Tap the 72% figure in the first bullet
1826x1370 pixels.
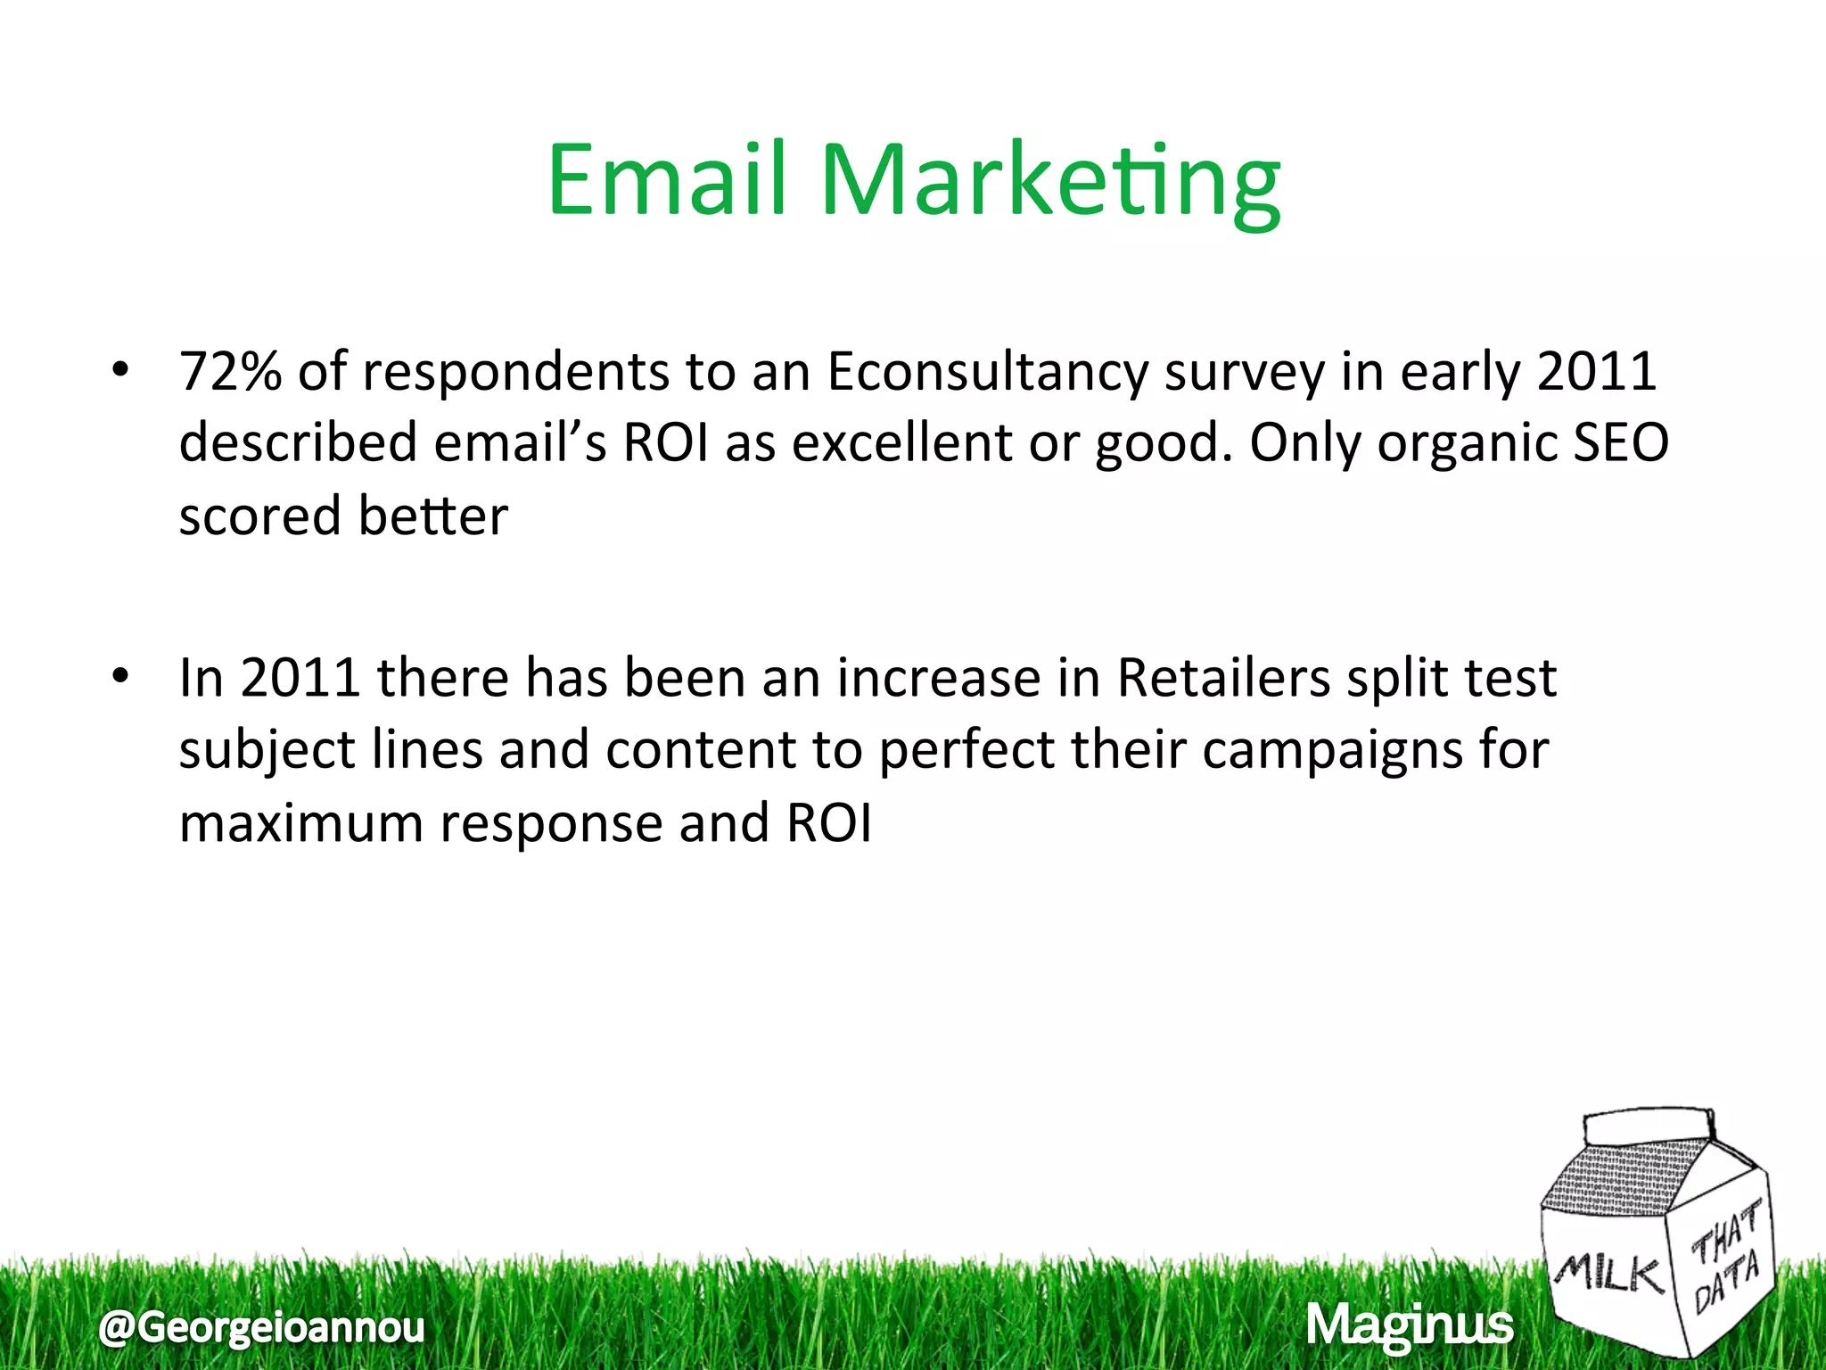pyautogui.click(x=230, y=371)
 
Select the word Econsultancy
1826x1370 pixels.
pyautogui.click(x=986, y=373)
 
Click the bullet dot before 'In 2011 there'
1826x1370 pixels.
pyautogui.click(x=121, y=676)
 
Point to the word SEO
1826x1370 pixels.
pyautogui.click(x=1620, y=442)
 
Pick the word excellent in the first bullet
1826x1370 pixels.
pyautogui.click(x=901, y=442)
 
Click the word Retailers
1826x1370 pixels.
pyautogui.click(x=1223, y=678)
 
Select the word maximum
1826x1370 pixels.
pyautogui.click(x=301, y=822)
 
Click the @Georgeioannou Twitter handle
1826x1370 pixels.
pyautogui.click(x=262, y=1327)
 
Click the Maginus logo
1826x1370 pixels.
pyautogui.click(x=1409, y=1325)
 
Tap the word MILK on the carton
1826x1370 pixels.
pyautogui.click(x=1608, y=1272)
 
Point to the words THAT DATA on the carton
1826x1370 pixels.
pyautogui.click(x=1726, y=1258)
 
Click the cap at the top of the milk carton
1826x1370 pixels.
pyautogui.click(x=1649, y=1126)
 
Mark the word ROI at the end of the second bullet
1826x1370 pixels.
pyautogui.click(x=828, y=822)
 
